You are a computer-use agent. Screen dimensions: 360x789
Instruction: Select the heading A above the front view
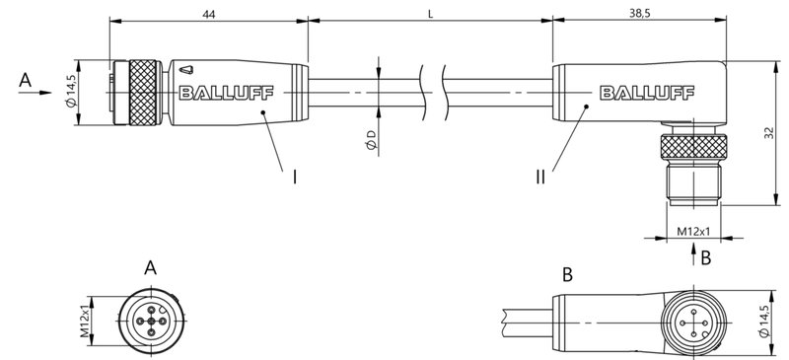click(x=150, y=267)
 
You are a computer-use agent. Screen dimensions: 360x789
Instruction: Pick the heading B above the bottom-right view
click(x=567, y=273)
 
